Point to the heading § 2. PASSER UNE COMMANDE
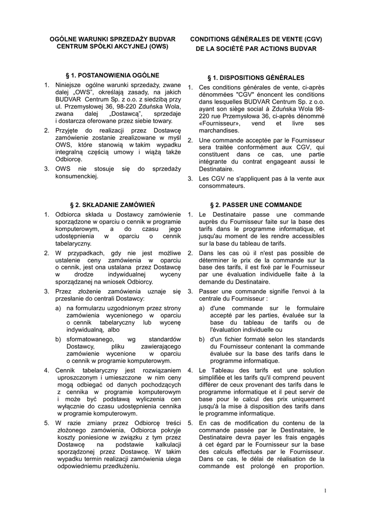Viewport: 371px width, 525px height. pyautogui.click(x=256, y=205)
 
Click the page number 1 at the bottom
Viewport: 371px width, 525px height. pyautogui.click(x=325, y=491)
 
